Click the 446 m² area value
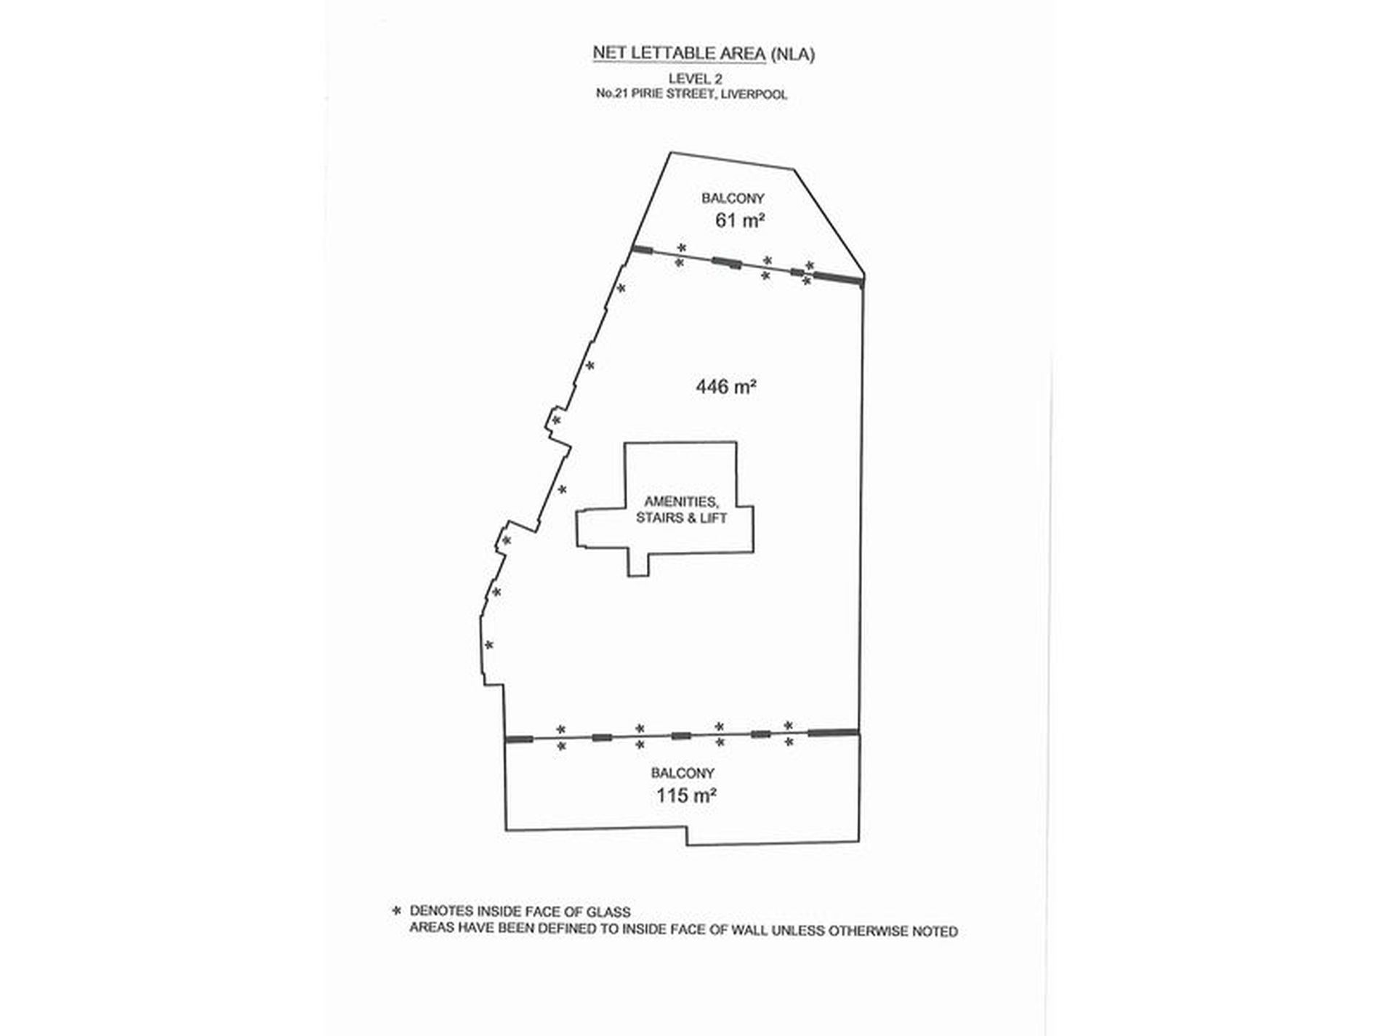tap(726, 387)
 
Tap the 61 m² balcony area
tap(739, 220)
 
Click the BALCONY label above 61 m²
tap(733, 198)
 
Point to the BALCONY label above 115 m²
tap(683, 773)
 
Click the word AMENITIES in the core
tap(681, 502)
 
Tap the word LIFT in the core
tap(714, 518)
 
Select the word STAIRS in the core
tap(661, 518)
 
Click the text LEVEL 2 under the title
tap(695, 79)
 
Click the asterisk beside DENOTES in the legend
tap(397, 911)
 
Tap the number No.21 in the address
tap(612, 94)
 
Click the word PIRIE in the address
tap(648, 94)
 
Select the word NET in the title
tap(606, 54)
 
